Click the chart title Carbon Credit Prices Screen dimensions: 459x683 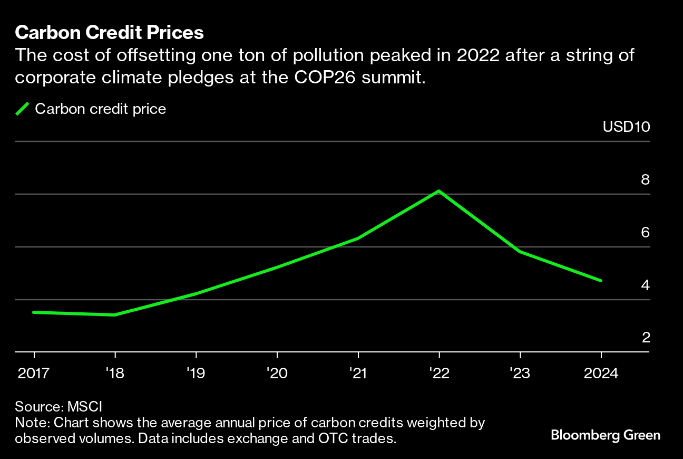[x=109, y=33]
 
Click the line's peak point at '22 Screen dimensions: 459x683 [x=439, y=191]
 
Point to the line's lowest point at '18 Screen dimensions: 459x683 [x=115, y=315]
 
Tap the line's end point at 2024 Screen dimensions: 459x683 [x=601, y=281]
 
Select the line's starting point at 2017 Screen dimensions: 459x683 [x=34, y=312]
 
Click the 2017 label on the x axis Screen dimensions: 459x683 [x=34, y=374]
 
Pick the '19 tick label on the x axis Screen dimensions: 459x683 [x=196, y=374]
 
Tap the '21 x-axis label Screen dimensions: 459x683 [x=358, y=374]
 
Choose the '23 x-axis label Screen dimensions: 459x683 [x=520, y=374]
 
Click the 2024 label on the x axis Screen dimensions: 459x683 [x=601, y=374]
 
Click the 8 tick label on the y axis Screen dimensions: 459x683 [x=645, y=180]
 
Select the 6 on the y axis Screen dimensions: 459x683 [x=645, y=233]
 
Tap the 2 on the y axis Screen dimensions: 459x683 [x=645, y=338]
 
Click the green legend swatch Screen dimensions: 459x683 [x=23, y=109]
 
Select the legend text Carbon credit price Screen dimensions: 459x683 [x=100, y=109]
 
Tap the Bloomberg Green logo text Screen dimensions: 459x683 [x=606, y=435]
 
